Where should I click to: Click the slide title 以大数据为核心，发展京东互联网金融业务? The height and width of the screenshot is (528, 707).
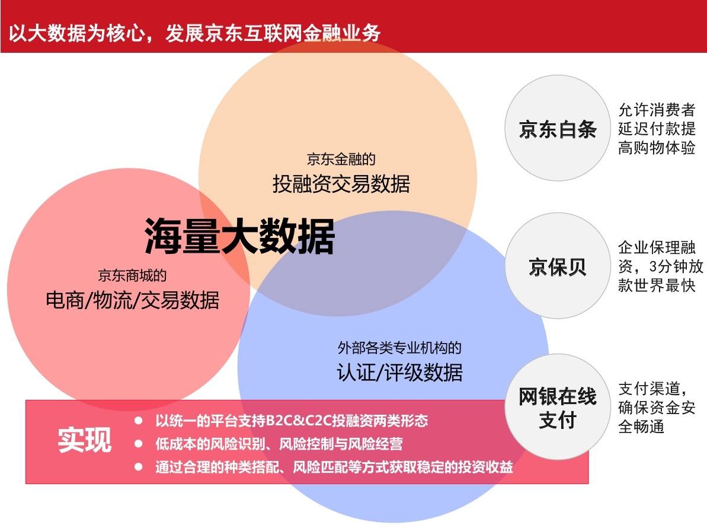pyautogui.click(x=194, y=33)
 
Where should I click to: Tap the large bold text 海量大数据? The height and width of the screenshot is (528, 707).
pyautogui.click(x=239, y=236)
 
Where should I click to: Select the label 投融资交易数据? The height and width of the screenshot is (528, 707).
pyautogui.click(x=341, y=184)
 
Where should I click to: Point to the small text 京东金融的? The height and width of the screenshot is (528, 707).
pyautogui.click(x=341, y=159)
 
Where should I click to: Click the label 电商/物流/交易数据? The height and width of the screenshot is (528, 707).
pyautogui.click(x=133, y=300)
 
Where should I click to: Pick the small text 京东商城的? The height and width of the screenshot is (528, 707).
pyautogui.click(x=132, y=275)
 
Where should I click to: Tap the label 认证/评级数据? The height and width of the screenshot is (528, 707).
pyautogui.click(x=399, y=373)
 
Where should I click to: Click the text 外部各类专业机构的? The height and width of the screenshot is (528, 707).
pyautogui.click(x=399, y=348)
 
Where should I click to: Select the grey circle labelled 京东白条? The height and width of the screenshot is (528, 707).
pyautogui.click(x=557, y=128)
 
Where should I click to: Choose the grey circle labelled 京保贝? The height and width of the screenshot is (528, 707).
pyautogui.click(x=557, y=266)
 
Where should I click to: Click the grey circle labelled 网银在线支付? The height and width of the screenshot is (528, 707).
pyautogui.click(x=557, y=407)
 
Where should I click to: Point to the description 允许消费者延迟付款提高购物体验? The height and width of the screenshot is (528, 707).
pyautogui.click(x=657, y=129)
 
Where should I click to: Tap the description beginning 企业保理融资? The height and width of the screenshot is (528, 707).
pyautogui.click(x=660, y=266)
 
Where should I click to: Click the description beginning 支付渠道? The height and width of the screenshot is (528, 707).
pyautogui.click(x=657, y=407)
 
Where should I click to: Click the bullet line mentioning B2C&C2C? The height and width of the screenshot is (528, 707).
pyautogui.click(x=292, y=421)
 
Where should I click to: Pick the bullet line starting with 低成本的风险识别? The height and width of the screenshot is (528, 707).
pyautogui.click(x=279, y=444)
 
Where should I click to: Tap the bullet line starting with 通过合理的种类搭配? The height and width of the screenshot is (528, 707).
pyautogui.click(x=334, y=467)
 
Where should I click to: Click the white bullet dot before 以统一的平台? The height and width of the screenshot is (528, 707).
pyautogui.click(x=139, y=421)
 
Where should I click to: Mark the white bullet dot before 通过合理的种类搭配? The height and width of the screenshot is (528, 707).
pyautogui.click(x=139, y=467)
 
